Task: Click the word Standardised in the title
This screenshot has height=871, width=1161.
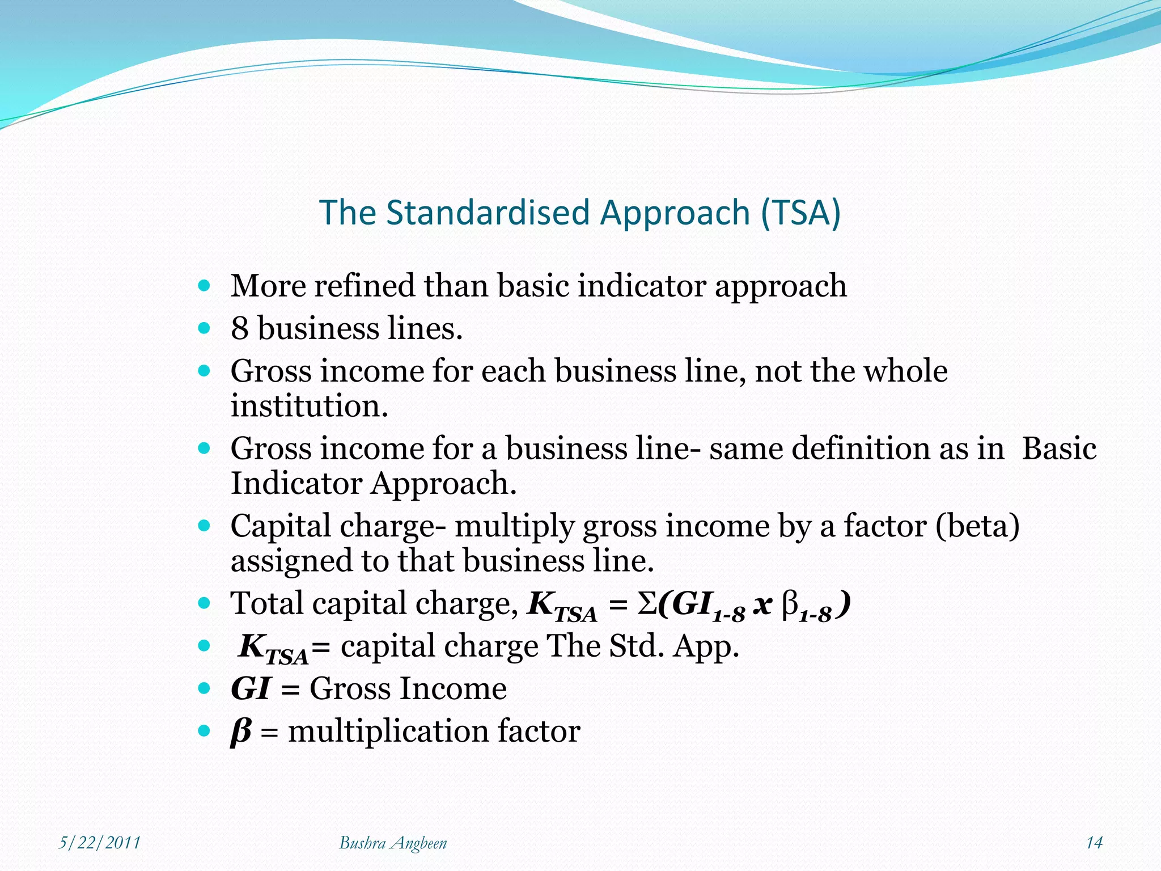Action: [x=488, y=213]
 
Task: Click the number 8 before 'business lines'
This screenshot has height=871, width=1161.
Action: [x=239, y=328]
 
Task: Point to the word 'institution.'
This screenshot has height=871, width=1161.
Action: [x=309, y=406]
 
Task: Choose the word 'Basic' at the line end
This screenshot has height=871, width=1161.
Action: [x=1058, y=449]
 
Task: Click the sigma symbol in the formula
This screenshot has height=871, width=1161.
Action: [x=647, y=604]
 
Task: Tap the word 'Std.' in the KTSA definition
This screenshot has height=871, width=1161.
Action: [x=637, y=646]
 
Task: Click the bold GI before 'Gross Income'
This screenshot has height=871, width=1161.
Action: [x=250, y=689]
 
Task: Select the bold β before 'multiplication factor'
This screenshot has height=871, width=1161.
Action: [x=240, y=732]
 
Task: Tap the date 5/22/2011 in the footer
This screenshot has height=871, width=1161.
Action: [x=100, y=843]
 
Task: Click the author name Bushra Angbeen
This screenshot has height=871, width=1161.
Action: [x=393, y=843]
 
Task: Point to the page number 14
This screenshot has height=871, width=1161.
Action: [x=1094, y=843]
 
